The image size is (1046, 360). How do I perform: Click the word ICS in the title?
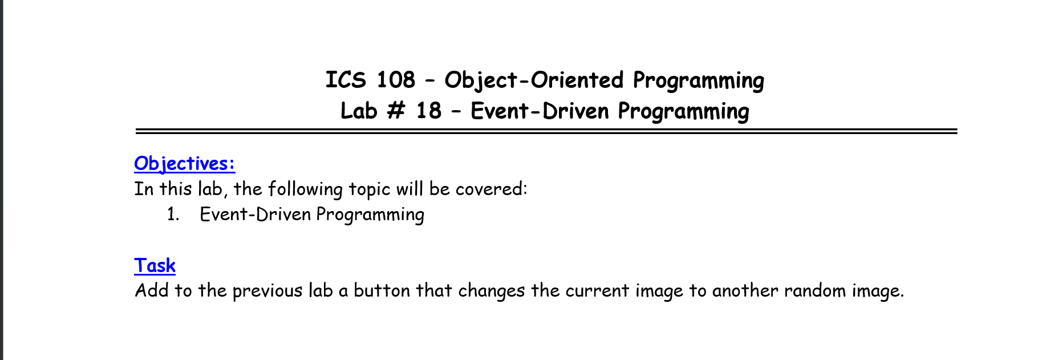tap(346, 80)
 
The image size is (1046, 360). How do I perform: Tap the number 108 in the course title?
tap(396, 80)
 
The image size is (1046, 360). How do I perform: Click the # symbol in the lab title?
tap(396, 111)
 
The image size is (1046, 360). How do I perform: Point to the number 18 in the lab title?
tap(429, 111)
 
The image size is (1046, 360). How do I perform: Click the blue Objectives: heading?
tap(185, 164)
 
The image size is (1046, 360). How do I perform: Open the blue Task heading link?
tap(155, 265)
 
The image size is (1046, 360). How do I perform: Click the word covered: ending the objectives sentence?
tap(492, 189)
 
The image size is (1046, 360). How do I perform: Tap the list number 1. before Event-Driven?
tap(173, 215)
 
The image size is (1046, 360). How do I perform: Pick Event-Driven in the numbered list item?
tap(256, 215)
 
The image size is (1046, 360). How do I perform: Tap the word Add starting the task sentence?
tap(152, 290)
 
